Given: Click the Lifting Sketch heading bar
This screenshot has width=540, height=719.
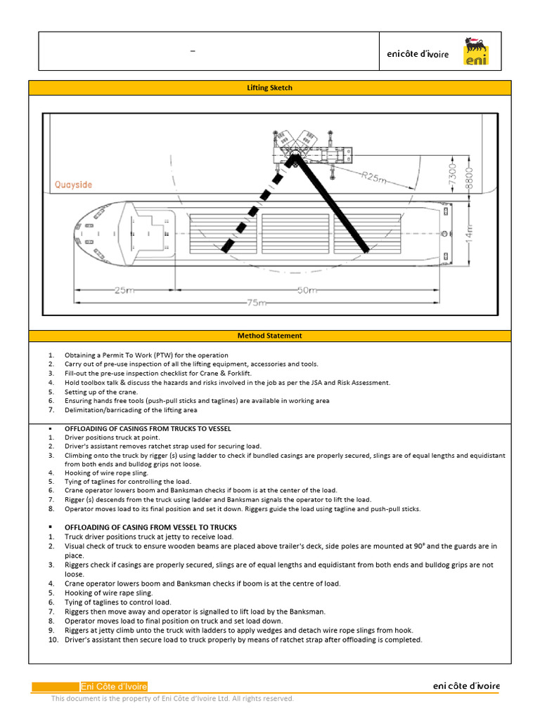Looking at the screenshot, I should click(269, 88).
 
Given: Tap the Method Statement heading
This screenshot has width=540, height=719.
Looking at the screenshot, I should click(269, 336).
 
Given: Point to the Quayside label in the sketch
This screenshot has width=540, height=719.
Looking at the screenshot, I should click(74, 185).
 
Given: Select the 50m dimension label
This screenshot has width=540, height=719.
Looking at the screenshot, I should click(307, 290).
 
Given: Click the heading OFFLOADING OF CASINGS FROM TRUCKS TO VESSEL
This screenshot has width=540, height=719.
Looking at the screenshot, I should click(148, 428).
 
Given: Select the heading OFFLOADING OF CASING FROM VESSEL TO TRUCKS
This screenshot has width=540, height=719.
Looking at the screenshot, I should click(150, 527).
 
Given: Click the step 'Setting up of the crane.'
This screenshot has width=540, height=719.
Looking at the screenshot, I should click(101, 392).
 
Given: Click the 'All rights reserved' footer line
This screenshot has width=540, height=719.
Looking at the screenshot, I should click(172, 699).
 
